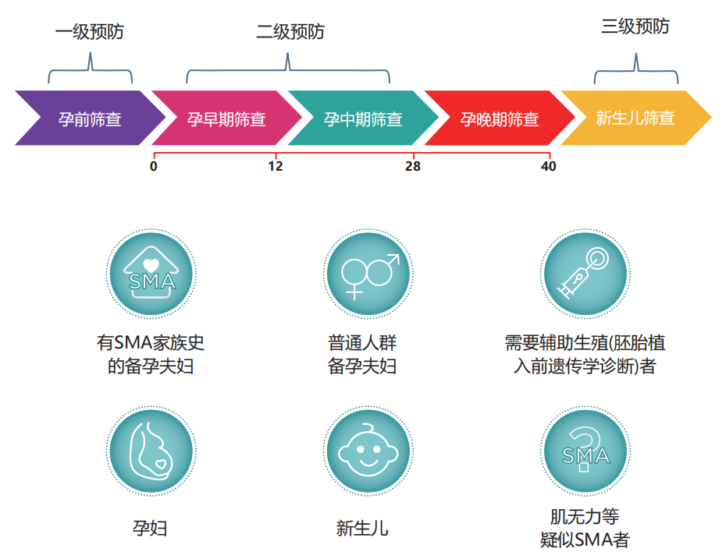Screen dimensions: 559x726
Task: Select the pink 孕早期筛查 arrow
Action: point(226,119)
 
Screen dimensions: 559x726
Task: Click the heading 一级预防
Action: point(90,32)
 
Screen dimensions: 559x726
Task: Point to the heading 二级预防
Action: point(290,32)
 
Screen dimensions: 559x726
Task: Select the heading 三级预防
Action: point(635,27)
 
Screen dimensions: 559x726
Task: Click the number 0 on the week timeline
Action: point(154,166)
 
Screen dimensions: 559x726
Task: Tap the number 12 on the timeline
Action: point(275,166)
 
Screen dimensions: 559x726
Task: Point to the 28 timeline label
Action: point(412,166)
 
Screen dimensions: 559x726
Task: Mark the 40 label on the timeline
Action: point(548,166)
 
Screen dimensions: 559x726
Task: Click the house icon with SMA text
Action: point(150,274)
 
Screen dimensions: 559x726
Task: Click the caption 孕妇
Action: point(150,529)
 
